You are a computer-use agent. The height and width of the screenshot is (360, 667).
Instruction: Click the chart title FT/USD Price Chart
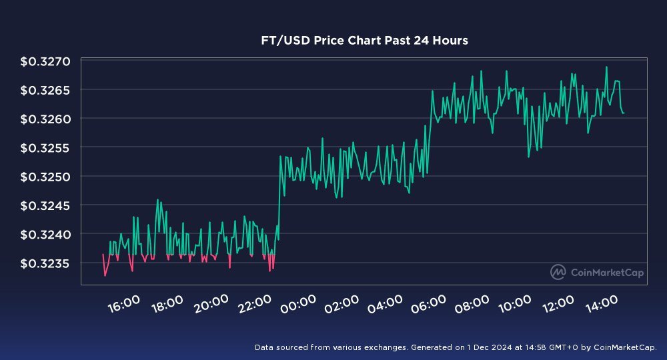click(x=364, y=41)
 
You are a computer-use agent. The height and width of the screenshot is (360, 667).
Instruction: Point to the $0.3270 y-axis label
click(x=45, y=62)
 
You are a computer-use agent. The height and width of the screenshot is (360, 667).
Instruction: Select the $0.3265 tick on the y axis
click(x=45, y=91)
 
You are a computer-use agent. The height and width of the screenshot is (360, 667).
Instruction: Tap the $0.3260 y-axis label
click(x=45, y=119)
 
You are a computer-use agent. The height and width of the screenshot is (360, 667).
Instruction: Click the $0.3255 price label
click(x=45, y=148)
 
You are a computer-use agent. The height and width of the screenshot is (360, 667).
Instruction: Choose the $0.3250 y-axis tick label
click(x=45, y=177)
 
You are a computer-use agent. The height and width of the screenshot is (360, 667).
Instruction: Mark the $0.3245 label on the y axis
click(x=45, y=205)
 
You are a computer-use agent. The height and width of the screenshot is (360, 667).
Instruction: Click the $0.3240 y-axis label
click(x=45, y=234)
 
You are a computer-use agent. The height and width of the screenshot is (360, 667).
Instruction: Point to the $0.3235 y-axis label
click(x=45, y=263)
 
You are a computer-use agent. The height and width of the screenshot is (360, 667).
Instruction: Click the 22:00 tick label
click(x=254, y=303)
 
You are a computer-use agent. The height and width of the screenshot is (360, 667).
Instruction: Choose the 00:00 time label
click(x=297, y=303)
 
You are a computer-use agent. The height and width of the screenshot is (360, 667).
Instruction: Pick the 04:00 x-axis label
click(x=384, y=303)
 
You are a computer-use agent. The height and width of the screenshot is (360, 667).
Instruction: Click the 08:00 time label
click(x=472, y=303)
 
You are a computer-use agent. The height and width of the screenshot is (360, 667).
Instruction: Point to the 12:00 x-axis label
click(x=558, y=303)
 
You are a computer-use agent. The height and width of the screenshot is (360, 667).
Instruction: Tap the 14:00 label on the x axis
click(x=602, y=303)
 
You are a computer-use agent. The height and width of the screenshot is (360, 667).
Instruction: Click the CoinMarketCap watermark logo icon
click(x=558, y=272)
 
